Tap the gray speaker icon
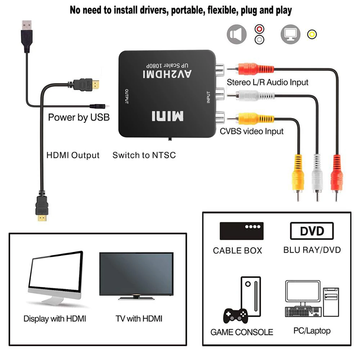tap(237, 35)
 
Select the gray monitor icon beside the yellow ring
tap(290, 35)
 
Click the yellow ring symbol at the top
tap(312, 35)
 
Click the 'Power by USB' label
tap(79, 117)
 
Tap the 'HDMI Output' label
tap(73, 156)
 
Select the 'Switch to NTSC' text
tap(144, 156)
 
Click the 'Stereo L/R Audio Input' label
tap(267, 82)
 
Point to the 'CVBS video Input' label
tap(252, 131)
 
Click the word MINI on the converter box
tap(167, 116)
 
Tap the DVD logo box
tap(312, 231)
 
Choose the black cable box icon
tap(242, 231)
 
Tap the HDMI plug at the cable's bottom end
tap(42, 211)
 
